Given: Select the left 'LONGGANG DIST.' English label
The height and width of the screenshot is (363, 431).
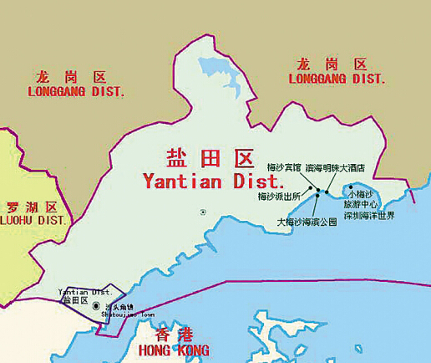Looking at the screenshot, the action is [76, 92].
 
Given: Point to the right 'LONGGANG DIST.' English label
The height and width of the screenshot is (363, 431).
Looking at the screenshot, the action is [337, 79].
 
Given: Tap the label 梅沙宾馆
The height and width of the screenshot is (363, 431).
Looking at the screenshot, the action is [284, 167].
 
